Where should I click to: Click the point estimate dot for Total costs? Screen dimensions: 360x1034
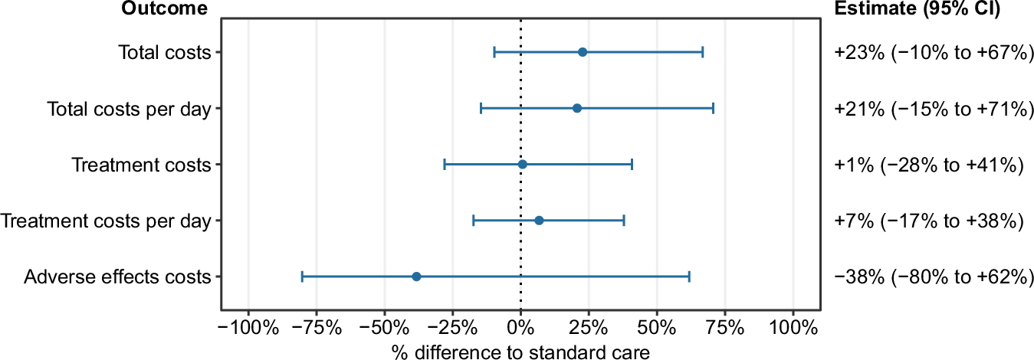(x=583, y=52)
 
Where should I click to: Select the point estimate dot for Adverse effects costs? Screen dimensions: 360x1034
(x=416, y=277)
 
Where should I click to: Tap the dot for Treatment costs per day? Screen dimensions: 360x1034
(x=539, y=221)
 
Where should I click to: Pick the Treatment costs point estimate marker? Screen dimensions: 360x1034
(x=523, y=165)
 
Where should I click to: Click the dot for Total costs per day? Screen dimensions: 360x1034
(x=577, y=108)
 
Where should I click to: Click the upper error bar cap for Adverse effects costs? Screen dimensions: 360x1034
(x=689, y=277)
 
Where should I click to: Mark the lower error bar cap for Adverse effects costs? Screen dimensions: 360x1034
(x=303, y=277)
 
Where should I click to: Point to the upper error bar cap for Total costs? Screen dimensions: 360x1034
(x=702, y=52)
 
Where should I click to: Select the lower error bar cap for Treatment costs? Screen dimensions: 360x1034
(x=445, y=165)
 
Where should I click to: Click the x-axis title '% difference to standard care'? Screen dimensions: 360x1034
(x=520, y=352)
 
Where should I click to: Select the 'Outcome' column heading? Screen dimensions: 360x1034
(x=163, y=9)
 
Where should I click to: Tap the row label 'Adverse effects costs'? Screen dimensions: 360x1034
(x=117, y=277)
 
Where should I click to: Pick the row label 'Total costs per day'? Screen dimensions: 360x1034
(x=129, y=108)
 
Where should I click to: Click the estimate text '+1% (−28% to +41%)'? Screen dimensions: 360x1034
(x=929, y=165)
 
